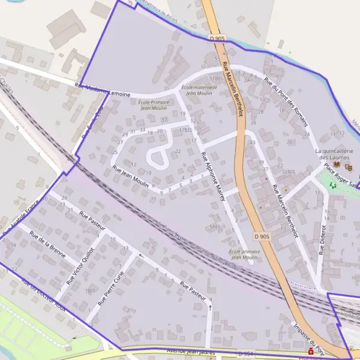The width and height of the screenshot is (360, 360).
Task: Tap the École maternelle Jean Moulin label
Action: pyautogui.click(x=198, y=91)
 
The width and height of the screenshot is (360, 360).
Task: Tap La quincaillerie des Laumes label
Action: pyautogui.click(x=337, y=154)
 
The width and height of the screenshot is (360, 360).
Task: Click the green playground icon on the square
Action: pyautogui.click(x=333, y=185)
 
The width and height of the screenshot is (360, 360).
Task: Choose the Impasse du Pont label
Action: pyautogui.click(x=308, y=336)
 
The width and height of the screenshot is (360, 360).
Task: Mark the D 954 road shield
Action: pyautogui.click(x=244, y=354)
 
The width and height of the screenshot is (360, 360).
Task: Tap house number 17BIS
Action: pyautogui.click(x=185, y=130)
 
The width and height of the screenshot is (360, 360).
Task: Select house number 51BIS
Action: pyautogui.click(x=215, y=79)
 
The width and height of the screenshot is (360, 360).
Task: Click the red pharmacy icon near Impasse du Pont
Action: pyautogui.click(x=310, y=351)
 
